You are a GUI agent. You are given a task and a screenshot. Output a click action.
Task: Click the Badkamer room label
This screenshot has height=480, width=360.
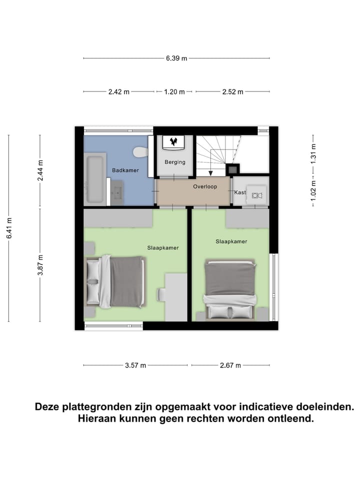pos(125,170)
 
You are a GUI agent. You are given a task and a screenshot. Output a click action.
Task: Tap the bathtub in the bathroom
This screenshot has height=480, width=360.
pos(95,178)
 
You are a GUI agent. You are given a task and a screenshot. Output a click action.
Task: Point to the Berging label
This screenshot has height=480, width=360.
pos(175,162)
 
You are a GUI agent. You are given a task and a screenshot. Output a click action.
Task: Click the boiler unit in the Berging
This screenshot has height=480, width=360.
pos(174,142)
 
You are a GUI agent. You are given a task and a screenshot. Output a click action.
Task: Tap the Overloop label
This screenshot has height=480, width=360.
pos(205,186)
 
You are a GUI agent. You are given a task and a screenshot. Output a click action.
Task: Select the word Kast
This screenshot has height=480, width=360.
pos(239,192)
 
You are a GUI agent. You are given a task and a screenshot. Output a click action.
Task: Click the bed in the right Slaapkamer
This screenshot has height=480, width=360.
pos(230,289)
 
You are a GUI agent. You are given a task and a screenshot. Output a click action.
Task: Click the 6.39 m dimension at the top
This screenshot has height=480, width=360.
pos(176,58)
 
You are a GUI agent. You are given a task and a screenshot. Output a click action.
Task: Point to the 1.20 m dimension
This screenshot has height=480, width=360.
pos(174,91)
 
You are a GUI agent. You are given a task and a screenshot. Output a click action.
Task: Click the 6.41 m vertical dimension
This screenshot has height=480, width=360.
pos(8,227)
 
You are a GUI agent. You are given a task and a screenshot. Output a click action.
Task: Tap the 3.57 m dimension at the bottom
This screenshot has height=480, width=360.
pos(135,365)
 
